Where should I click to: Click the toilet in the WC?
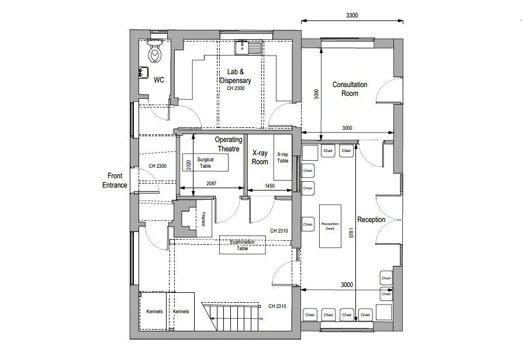pyautogui.click(x=155, y=54)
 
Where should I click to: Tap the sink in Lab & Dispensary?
pyautogui.click(x=241, y=47)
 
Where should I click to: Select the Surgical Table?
pyautogui.click(x=205, y=162)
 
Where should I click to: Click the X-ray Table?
pyautogui.click(x=282, y=158)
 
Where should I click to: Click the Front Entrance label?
pyautogui.click(x=117, y=180)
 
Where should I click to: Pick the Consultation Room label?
pyautogui.click(x=350, y=89)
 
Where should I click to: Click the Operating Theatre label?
pyautogui.click(x=228, y=144)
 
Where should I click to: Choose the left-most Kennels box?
pyautogui.click(x=154, y=311)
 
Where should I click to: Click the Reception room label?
pyautogui.click(x=371, y=220)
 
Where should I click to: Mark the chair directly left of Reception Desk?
pyautogui.click(x=308, y=224)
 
